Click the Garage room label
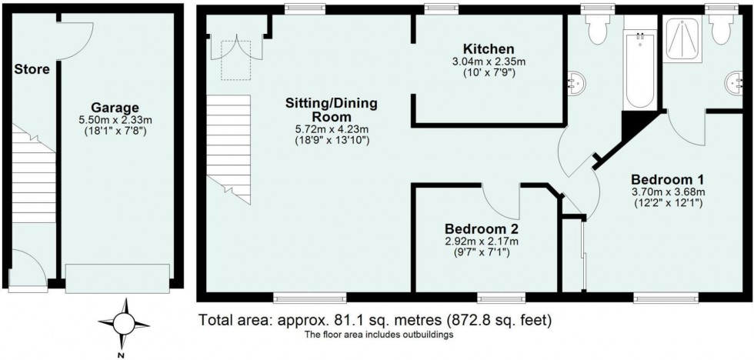(x=115, y=108)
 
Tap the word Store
(x=32, y=69)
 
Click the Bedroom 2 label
(x=481, y=228)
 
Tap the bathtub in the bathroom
(x=638, y=70)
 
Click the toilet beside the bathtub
(x=596, y=29)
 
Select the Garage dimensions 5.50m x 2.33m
(x=115, y=121)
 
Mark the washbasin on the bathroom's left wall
(x=576, y=80)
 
